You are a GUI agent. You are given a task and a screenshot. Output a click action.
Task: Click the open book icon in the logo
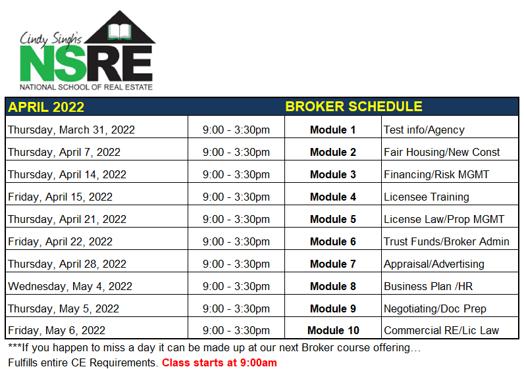coord(119,32)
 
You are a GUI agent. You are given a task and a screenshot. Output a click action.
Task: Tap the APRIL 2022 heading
coord(46,107)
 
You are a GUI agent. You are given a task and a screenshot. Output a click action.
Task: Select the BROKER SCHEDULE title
coord(354,107)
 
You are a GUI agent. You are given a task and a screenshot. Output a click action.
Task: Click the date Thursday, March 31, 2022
coord(71,130)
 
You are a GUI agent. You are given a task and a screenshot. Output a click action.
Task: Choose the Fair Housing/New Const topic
coord(442,153)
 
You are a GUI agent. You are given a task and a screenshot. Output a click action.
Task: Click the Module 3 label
coord(333,175)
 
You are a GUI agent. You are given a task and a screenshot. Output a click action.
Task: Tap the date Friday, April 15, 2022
coord(60,197)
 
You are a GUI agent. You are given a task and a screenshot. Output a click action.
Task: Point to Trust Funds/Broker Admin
coord(446,242)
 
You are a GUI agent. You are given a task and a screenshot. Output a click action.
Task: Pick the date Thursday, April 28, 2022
coord(67,264)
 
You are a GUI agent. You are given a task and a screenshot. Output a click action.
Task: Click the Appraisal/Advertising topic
coord(434,264)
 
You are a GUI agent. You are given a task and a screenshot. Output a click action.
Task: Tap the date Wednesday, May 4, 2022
coord(70,287)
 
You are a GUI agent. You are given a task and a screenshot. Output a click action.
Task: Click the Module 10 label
coord(333,331)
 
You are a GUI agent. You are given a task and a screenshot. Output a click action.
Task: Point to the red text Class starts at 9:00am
coord(219,362)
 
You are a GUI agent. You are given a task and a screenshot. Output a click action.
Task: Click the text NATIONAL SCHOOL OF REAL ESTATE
coord(86,87)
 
